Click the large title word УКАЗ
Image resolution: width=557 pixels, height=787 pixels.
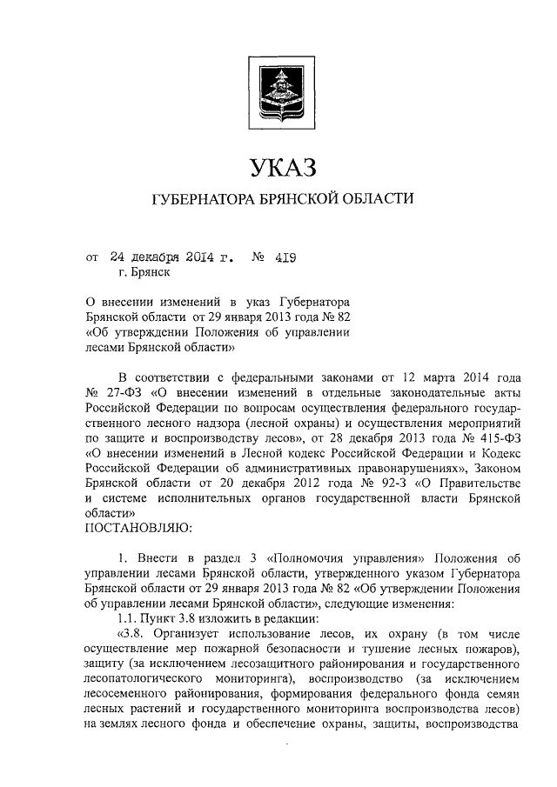point(278,166)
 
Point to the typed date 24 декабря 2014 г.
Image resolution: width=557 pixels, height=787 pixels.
point(172,257)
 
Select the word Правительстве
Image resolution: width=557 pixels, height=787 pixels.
point(467,481)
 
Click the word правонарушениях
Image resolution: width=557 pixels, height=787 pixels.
point(406,466)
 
